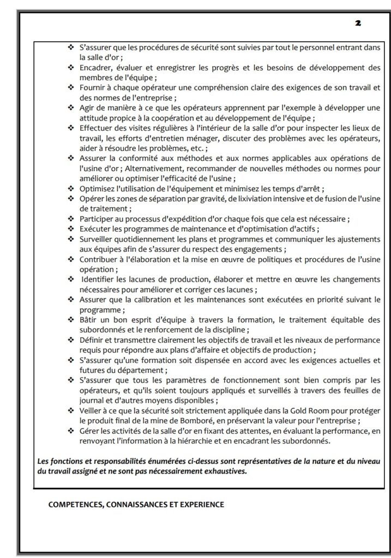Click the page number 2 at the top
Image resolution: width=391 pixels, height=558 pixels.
(358, 23)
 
